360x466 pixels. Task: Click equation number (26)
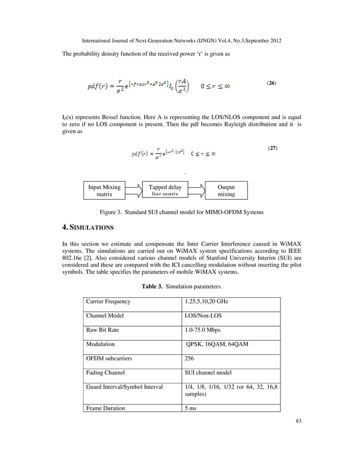pos(271,83)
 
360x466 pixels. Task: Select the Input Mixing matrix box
pos(104,191)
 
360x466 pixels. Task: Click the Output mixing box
pos(226,191)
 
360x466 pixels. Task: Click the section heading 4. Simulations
pos(87,228)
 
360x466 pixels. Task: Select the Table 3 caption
pos(179,287)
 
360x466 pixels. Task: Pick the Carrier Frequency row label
pos(108,302)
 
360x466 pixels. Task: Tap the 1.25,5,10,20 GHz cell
pos(207,302)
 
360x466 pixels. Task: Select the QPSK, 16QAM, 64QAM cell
pos(217,344)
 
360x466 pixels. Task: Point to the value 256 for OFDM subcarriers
pos(190,358)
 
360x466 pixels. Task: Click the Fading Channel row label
pos(106,372)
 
